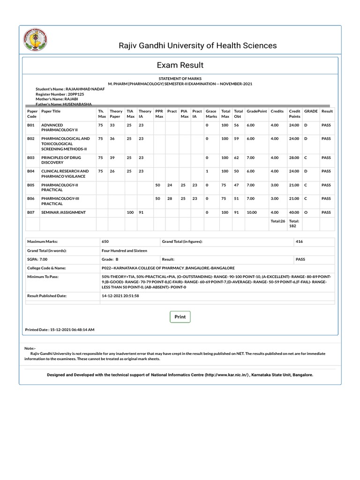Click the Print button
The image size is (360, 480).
point(180,317)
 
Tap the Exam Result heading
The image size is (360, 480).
point(180,65)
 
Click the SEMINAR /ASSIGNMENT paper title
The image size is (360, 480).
point(64,212)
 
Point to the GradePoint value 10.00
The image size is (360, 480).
point(252,212)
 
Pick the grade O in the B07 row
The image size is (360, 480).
point(306,212)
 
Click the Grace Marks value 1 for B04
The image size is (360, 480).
point(207,172)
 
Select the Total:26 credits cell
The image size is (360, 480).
point(277,221)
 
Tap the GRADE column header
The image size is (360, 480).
point(311,111)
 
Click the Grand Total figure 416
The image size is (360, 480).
point(300,241)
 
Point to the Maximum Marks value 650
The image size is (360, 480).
point(105,241)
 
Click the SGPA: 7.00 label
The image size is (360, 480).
point(37,259)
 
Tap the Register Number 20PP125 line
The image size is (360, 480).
point(56,94)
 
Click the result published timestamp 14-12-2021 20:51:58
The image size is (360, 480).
point(120,296)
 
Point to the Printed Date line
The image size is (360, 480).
point(60,330)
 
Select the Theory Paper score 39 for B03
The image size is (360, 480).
point(112,158)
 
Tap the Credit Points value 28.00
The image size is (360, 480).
point(294,158)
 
